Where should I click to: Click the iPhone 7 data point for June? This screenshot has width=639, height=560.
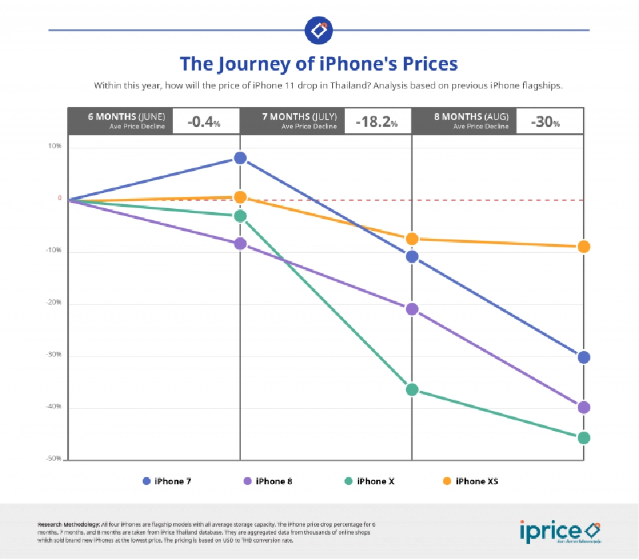tap(240, 158)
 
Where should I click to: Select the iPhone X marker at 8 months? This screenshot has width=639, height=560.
tap(584, 438)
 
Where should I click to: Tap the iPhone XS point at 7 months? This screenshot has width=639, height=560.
tap(412, 239)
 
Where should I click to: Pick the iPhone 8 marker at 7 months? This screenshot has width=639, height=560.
tap(412, 309)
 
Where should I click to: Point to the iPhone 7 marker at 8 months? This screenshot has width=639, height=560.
tap(584, 358)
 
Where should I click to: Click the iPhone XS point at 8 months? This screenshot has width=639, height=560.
tap(584, 247)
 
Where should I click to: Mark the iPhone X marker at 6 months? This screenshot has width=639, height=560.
tap(240, 215)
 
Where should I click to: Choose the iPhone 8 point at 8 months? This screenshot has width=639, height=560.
tap(584, 408)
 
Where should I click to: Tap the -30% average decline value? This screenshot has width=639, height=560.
tap(545, 122)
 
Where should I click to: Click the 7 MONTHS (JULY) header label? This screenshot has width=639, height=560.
tap(299, 116)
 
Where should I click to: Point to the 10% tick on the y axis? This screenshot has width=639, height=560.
tap(55, 146)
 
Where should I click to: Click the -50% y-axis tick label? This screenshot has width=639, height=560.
tap(54, 459)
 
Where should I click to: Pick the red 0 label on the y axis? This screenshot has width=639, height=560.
tap(59, 198)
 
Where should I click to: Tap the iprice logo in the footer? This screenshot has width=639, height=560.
tap(559, 531)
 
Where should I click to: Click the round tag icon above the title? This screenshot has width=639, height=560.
tap(318, 30)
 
